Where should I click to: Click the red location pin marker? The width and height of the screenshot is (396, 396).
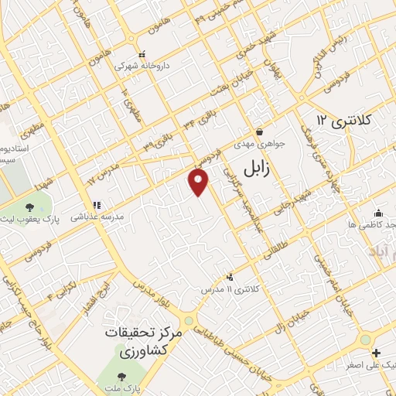[199, 183]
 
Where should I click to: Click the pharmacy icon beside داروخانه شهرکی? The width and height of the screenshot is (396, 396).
[141, 55]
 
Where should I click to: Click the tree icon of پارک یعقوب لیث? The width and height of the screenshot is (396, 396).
[29, 207]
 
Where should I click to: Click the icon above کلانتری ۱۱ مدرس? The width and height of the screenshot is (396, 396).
[229, 276]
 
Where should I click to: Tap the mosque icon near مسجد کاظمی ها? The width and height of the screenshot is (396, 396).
[378, 213]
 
